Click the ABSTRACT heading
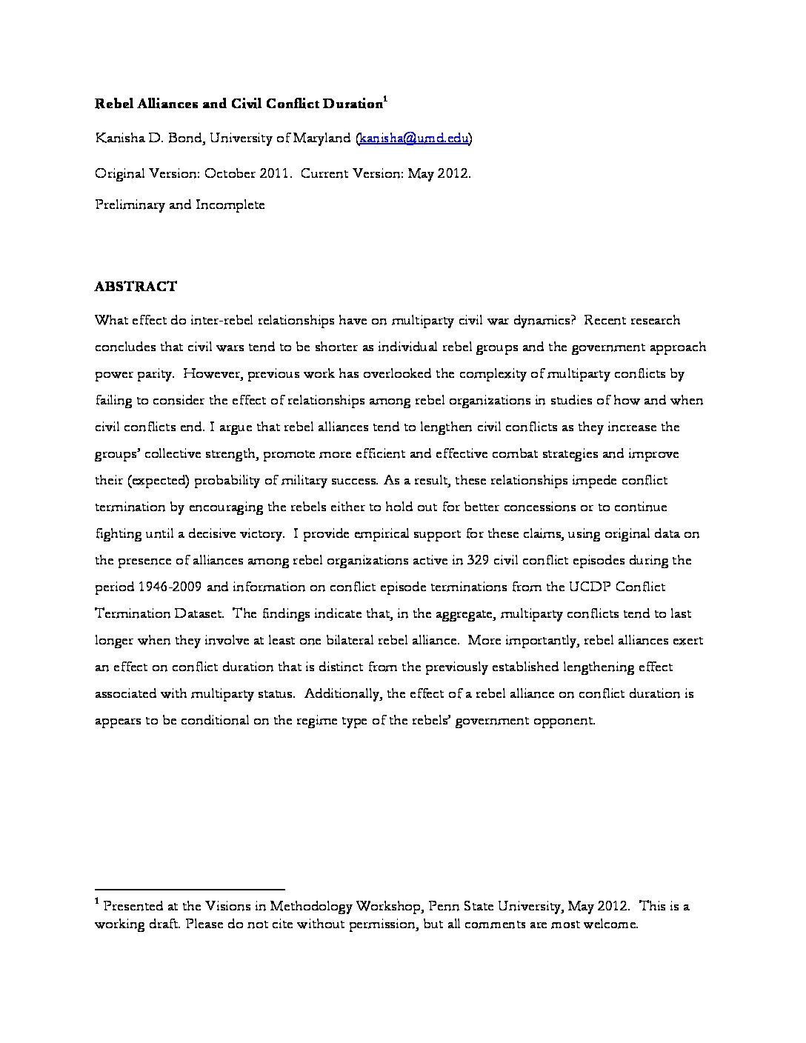[136, 287]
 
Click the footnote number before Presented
[97, 902]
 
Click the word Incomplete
[230, 205]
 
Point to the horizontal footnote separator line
[190, 888]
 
